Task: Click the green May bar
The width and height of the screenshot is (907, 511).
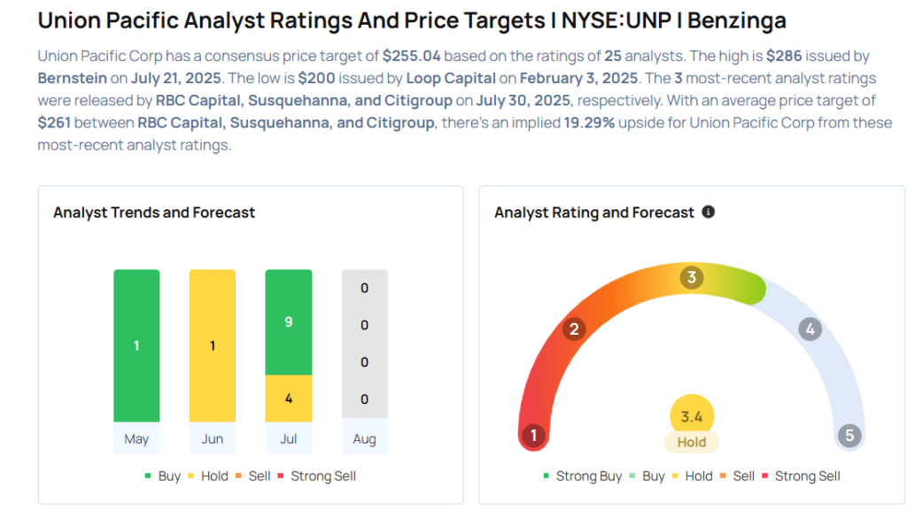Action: tap(136, 345)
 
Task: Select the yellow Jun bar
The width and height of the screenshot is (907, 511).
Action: tap(213, 345)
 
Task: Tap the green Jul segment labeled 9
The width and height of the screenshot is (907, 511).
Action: tap(289, 322)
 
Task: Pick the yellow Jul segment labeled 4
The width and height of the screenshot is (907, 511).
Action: tap(289, 399)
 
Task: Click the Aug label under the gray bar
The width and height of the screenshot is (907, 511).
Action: tap(364, 439)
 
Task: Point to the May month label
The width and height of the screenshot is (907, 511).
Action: tap(136, 439)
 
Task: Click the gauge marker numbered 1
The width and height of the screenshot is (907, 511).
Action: tap(533, 435)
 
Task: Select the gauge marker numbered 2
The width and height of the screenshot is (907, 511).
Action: tap(574, 329)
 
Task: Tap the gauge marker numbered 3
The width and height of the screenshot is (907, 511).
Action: tap(692, 277)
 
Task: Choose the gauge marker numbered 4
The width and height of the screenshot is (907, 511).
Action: tap(810, 329)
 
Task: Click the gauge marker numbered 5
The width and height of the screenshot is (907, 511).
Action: tap(849, 435)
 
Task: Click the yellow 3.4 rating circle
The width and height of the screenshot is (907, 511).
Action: tap(692, 415)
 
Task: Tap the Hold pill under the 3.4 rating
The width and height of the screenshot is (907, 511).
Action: tap(692, 442)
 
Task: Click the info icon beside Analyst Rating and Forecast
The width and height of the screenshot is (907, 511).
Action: tap(708, 213)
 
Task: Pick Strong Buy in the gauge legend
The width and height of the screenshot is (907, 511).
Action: tap(582, 476)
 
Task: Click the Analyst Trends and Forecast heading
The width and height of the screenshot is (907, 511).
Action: tap(154, 213)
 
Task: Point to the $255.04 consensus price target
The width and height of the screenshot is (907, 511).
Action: tap(412, 56)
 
